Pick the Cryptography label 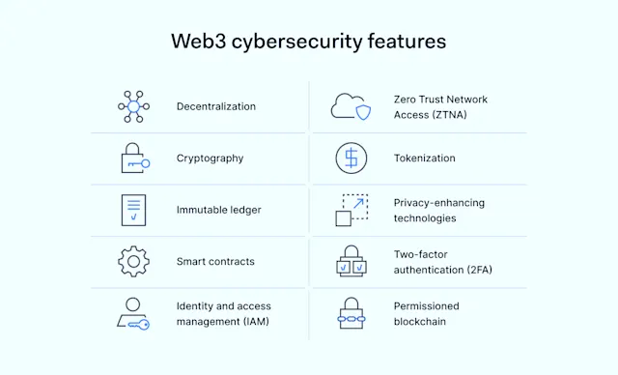coord(210,158)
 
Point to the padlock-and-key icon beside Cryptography coord(134,158)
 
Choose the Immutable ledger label coord(218,210)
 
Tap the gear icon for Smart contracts coord(134,262)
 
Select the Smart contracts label coord(214,262)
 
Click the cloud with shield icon coord(351,105)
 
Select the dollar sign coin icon coord(351,158)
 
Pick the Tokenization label coord(424,158)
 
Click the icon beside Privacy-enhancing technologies coord(351,210)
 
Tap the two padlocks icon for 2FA coord(351,262)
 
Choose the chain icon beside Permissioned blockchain coord(351,314)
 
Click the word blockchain coord(420,322)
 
